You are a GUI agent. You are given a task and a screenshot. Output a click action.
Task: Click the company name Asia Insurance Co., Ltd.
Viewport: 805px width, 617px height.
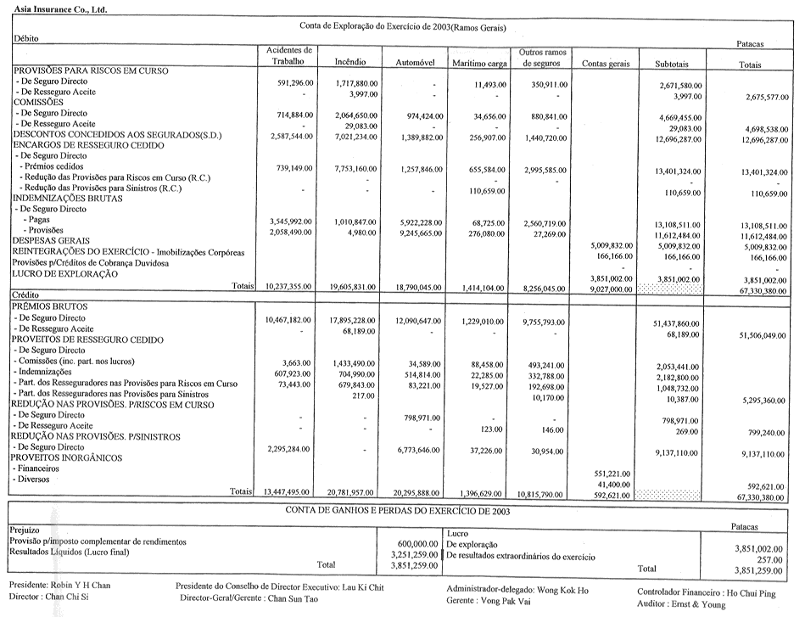point(54,6)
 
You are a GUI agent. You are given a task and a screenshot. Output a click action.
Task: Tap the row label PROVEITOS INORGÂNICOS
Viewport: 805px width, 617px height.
point(66,457)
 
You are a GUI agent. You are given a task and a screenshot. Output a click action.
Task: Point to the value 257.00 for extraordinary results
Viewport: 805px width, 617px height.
point(769,559)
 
